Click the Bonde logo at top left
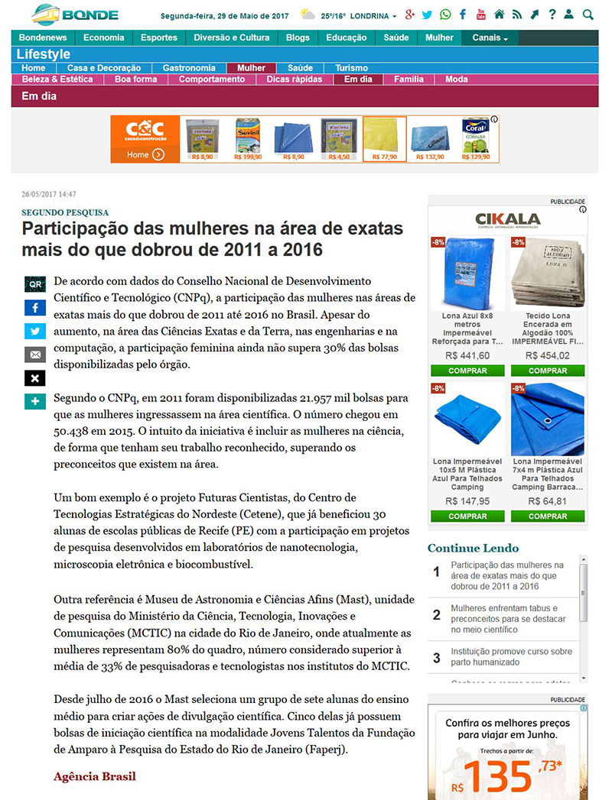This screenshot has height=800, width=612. tap(75, 15)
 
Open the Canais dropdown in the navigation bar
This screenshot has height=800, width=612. tap(490, 37)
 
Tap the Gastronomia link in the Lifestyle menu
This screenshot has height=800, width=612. tap(189, 68)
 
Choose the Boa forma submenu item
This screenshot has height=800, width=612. tap(135, 79)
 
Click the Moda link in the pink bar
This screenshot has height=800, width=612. tap(457, 79)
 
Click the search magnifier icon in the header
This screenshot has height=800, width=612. tap(588, 15)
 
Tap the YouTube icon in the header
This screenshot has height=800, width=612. tap(481, 15)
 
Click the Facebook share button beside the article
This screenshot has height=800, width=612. tap(35, 308)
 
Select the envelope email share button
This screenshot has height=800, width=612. tap(35, 355)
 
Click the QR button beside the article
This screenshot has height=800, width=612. tap(35, 284)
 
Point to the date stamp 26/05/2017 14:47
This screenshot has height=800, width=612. tap(48, 194)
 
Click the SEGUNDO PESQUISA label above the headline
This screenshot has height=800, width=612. tap(65, 212)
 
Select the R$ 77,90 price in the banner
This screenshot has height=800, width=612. tap(384, 157)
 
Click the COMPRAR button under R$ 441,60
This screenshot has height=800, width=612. tap(467, 371)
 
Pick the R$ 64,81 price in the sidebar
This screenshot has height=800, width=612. tap(548, 501)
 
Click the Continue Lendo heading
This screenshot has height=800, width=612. tap(473, 548)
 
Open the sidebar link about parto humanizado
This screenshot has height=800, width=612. tap(512, 657)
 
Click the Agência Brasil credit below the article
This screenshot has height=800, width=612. tap(95, 776)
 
